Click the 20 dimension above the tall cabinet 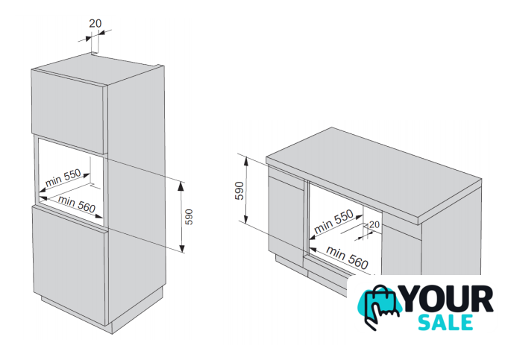point(95,24)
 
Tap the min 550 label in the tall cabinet point(63,178)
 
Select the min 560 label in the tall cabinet point(77,204)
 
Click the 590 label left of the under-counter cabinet point(239,191)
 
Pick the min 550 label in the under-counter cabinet point(333,221)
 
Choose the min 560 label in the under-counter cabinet point(347,257)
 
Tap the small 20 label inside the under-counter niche point(374,224)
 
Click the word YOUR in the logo point(448,299)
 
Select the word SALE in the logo point(445,322)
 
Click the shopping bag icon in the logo point(380,303)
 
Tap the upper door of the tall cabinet point(69,111)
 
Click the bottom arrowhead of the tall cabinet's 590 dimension point(182,249)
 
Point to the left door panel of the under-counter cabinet point(286,215)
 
